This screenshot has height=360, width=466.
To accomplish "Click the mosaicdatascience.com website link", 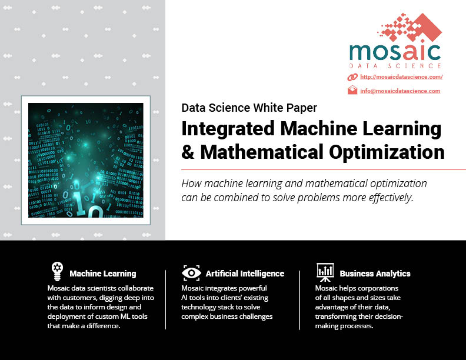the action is (401, 77).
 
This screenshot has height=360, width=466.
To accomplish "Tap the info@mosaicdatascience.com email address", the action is (400, 91).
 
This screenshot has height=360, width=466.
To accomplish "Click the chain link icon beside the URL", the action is (352, 77).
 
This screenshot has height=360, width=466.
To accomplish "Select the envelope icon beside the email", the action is (352, 89).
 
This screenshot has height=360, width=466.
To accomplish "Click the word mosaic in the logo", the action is (395, 52).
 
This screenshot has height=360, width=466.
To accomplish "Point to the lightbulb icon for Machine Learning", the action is (57, 271).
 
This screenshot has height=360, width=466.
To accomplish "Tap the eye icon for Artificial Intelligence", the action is (191, 273).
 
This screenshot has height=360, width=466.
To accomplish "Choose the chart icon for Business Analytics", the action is (325, 272).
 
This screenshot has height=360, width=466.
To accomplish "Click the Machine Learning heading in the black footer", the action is (103, 274).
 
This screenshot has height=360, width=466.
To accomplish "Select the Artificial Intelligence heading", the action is (245, 274).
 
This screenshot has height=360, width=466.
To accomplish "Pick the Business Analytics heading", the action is (375, 274).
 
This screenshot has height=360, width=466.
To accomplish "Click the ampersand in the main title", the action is (188, 152).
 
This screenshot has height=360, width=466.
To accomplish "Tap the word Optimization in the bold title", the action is (387, 152).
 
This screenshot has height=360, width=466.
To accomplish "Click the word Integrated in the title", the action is (228, 129).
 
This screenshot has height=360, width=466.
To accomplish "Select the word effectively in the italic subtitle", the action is (390, 198).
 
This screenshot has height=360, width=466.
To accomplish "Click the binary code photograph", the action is (85, 160).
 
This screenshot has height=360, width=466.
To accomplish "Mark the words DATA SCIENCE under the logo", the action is (395, 66).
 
